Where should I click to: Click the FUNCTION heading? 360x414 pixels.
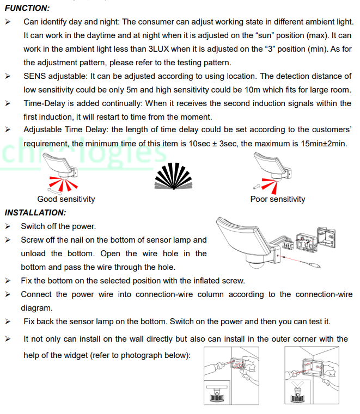27,8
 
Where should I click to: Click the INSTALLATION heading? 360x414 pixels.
35,212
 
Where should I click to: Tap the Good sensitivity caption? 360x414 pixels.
66,199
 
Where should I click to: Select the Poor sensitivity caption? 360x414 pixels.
278,199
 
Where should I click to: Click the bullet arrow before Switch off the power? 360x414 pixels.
8,226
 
